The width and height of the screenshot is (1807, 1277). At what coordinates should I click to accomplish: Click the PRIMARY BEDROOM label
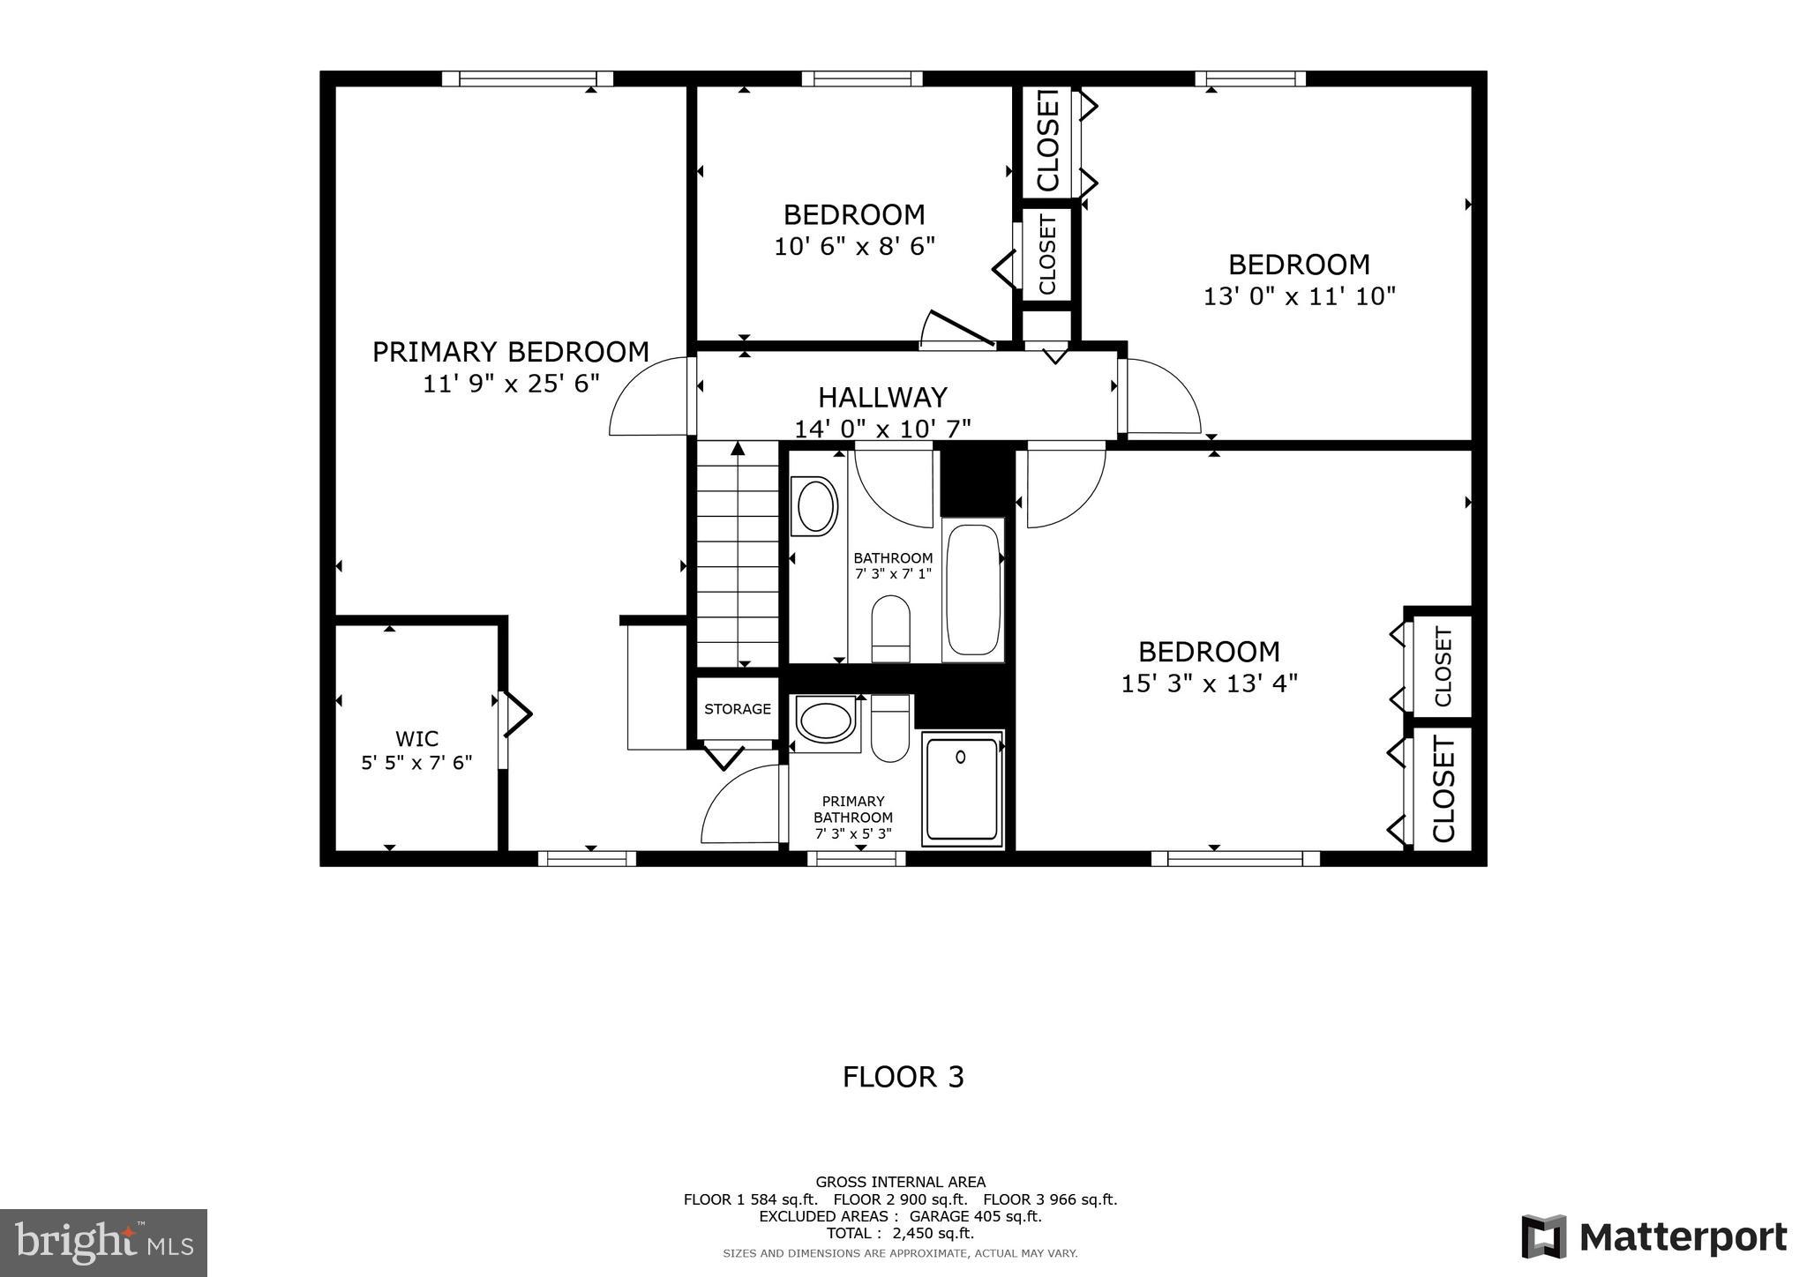click(510, 352)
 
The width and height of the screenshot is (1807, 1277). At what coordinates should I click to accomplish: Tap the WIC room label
click(416, 739)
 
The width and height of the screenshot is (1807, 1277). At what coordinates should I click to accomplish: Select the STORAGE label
click(738, 709)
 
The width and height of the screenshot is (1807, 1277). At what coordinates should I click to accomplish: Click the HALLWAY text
click(882, 397)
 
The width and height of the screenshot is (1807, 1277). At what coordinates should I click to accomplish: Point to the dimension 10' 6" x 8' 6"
click(854, 246)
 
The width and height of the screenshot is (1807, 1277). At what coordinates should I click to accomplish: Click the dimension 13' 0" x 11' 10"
click(1299, 296)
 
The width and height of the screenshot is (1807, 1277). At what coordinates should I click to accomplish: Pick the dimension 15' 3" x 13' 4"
click(1209, 683)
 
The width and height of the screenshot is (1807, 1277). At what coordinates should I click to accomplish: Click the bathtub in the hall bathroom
click(973, 588)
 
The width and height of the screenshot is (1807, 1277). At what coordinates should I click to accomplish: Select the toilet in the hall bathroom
click(890, 628)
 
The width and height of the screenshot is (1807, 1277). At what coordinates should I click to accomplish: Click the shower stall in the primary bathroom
click(962, 788)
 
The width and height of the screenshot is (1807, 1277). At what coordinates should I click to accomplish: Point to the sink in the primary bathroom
click(825, 719)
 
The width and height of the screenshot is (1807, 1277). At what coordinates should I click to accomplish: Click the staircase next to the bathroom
click(738, 556)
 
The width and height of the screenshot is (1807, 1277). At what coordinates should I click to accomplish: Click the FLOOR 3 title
click(903, 1077)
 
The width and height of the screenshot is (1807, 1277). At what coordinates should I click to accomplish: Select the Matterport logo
click(1653, 1237)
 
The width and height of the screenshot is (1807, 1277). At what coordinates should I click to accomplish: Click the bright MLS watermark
click(103, 1243)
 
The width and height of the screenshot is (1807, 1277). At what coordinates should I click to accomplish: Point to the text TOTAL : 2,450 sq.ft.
click(900, 1233)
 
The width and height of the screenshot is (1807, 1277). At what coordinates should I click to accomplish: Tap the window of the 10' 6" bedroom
click(862, 78)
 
